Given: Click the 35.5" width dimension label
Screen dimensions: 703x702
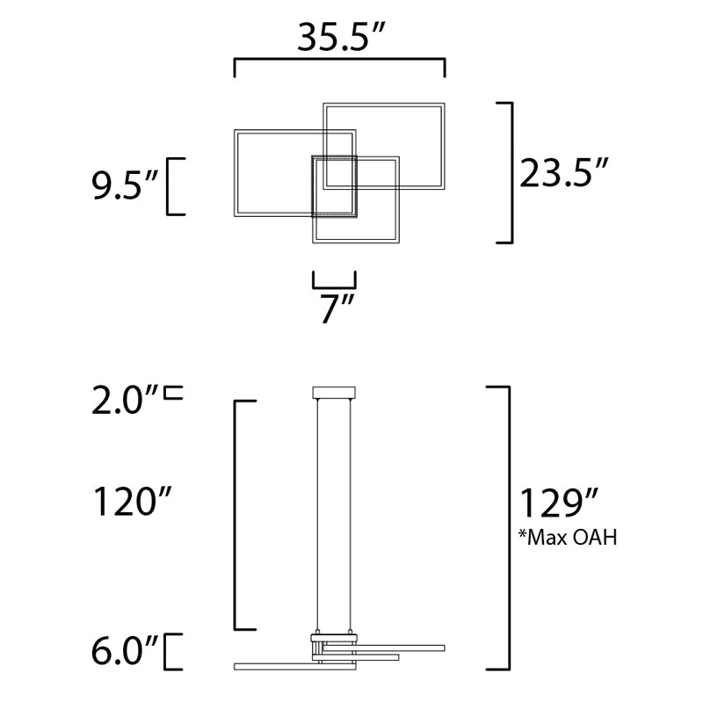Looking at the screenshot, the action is click(x=341, y=37).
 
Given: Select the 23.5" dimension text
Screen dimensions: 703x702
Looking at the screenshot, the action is click(x=563, y=172).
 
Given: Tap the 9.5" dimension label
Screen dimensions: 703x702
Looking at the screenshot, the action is click(x=125, y=185).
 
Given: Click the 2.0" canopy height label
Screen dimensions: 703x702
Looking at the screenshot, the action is click(x=125, y=401).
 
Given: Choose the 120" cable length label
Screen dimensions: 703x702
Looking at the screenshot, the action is click(x=132, y=501).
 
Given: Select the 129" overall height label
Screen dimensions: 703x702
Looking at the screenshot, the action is click(x=559, y=503).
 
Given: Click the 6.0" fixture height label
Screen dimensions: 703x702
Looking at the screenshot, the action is click(x=125, y=651).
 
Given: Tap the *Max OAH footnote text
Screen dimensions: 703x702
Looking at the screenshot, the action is click(x=568, y=537).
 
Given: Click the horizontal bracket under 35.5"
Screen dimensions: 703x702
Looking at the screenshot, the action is click(x=339, y=59).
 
